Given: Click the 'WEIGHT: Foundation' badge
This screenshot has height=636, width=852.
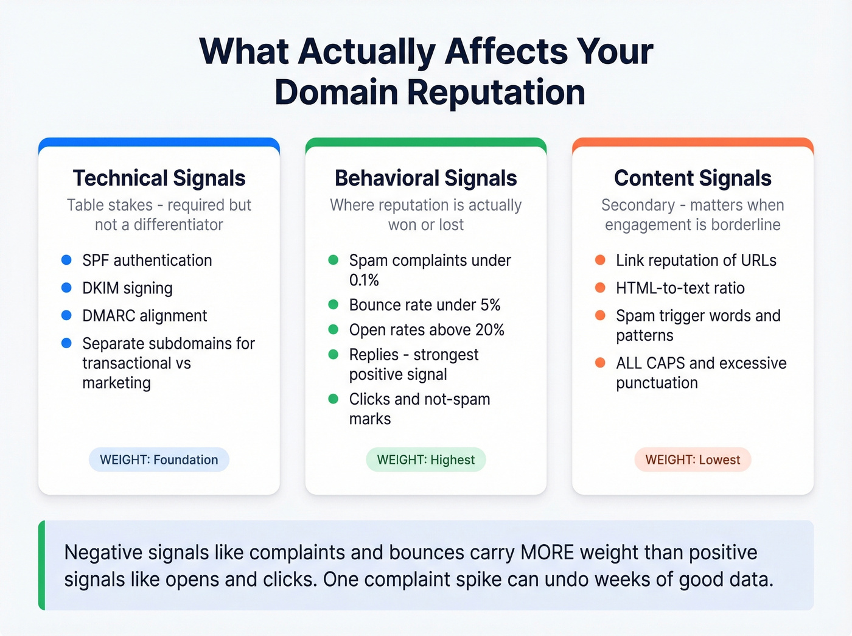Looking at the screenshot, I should (x=159, y=460).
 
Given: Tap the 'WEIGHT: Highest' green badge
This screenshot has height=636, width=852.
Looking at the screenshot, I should (x=426, y=460).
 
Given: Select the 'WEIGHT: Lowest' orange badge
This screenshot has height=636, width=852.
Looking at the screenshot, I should (x=693, y=460).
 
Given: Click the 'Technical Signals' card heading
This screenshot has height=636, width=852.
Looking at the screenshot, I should (x=159, y=178).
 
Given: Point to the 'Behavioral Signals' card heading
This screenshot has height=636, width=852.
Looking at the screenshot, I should (x=426, y=178).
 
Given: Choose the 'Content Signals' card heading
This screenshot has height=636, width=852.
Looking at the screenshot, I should (x=693, y=178).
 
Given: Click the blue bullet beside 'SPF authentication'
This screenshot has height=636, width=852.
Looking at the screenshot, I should (x=67, y=260).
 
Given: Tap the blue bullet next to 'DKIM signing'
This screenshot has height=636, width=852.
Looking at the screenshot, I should (x=67, y=288).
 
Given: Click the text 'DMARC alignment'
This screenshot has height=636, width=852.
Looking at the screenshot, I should (x=145, y=316).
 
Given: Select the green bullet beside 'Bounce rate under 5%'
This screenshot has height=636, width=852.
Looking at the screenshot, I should (x=333, y=304).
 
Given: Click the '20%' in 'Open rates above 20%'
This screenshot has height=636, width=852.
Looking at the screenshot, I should (x=490, y=330).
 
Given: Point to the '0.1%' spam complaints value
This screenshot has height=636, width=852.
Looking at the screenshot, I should (x=364, y=281).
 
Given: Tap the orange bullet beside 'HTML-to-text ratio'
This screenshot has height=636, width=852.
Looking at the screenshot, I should (x=600, y=288).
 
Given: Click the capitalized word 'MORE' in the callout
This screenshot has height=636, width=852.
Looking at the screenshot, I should (x=547, y=553).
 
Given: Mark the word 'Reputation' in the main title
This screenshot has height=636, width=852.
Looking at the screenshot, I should (x=496, y=93).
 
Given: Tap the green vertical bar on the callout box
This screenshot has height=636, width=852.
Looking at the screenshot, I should (x=42, y=565).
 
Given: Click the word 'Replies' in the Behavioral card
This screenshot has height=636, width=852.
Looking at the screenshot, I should (x=374, y=355).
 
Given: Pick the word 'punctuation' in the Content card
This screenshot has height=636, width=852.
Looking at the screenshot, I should (x=657, y=383).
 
